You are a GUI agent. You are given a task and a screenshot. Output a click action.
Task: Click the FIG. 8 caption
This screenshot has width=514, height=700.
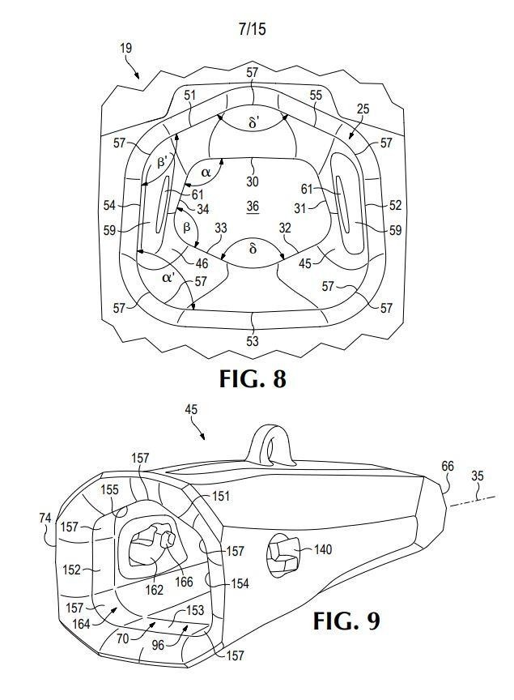[252, 379]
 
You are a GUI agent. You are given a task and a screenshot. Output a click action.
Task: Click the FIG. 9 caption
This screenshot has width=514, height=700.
[346, 621]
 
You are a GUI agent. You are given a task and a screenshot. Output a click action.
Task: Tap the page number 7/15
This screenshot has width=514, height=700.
[252, 29]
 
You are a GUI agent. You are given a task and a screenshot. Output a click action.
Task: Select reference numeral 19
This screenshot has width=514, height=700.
[125, 48]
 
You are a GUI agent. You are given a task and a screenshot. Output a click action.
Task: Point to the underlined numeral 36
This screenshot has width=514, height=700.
[253, 207]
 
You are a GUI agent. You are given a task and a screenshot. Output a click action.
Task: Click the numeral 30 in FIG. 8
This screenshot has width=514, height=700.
[253, 181]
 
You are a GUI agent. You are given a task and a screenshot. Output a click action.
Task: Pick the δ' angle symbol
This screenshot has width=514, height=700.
[253, 123]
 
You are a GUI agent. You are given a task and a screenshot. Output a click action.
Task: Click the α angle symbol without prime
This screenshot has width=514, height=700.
[206, 172]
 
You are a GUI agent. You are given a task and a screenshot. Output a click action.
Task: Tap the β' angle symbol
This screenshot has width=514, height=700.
[162, 161]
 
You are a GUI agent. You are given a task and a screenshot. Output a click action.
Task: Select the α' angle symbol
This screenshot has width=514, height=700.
[168, 278]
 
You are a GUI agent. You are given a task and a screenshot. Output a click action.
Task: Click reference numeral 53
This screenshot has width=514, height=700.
[253, 341]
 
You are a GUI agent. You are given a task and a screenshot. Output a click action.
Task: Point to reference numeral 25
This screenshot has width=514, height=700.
[363, 109]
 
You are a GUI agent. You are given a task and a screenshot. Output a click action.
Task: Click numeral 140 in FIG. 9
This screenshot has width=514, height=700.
[322, 548]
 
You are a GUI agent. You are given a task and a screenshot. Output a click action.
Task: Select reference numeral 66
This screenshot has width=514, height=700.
[448, 466]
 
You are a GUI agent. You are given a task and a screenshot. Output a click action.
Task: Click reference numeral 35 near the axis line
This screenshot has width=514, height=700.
[478, 476]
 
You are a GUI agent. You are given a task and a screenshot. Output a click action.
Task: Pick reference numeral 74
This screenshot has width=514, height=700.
[45, 518]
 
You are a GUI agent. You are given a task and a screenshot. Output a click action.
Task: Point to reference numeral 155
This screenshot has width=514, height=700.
[110, 489]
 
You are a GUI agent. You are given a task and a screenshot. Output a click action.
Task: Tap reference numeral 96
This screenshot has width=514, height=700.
[158, 645]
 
